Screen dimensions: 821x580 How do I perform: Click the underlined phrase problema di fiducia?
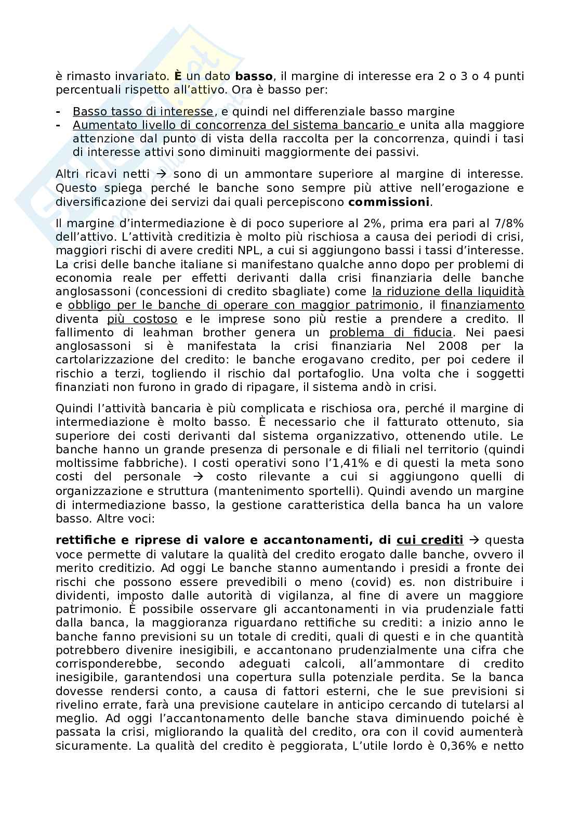[x=391, y=332]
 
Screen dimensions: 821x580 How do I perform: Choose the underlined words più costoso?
[x=142, y=319]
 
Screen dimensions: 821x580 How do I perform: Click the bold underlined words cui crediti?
[x=429, y=540]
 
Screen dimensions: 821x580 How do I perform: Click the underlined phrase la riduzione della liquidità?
[x=448, y=291]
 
